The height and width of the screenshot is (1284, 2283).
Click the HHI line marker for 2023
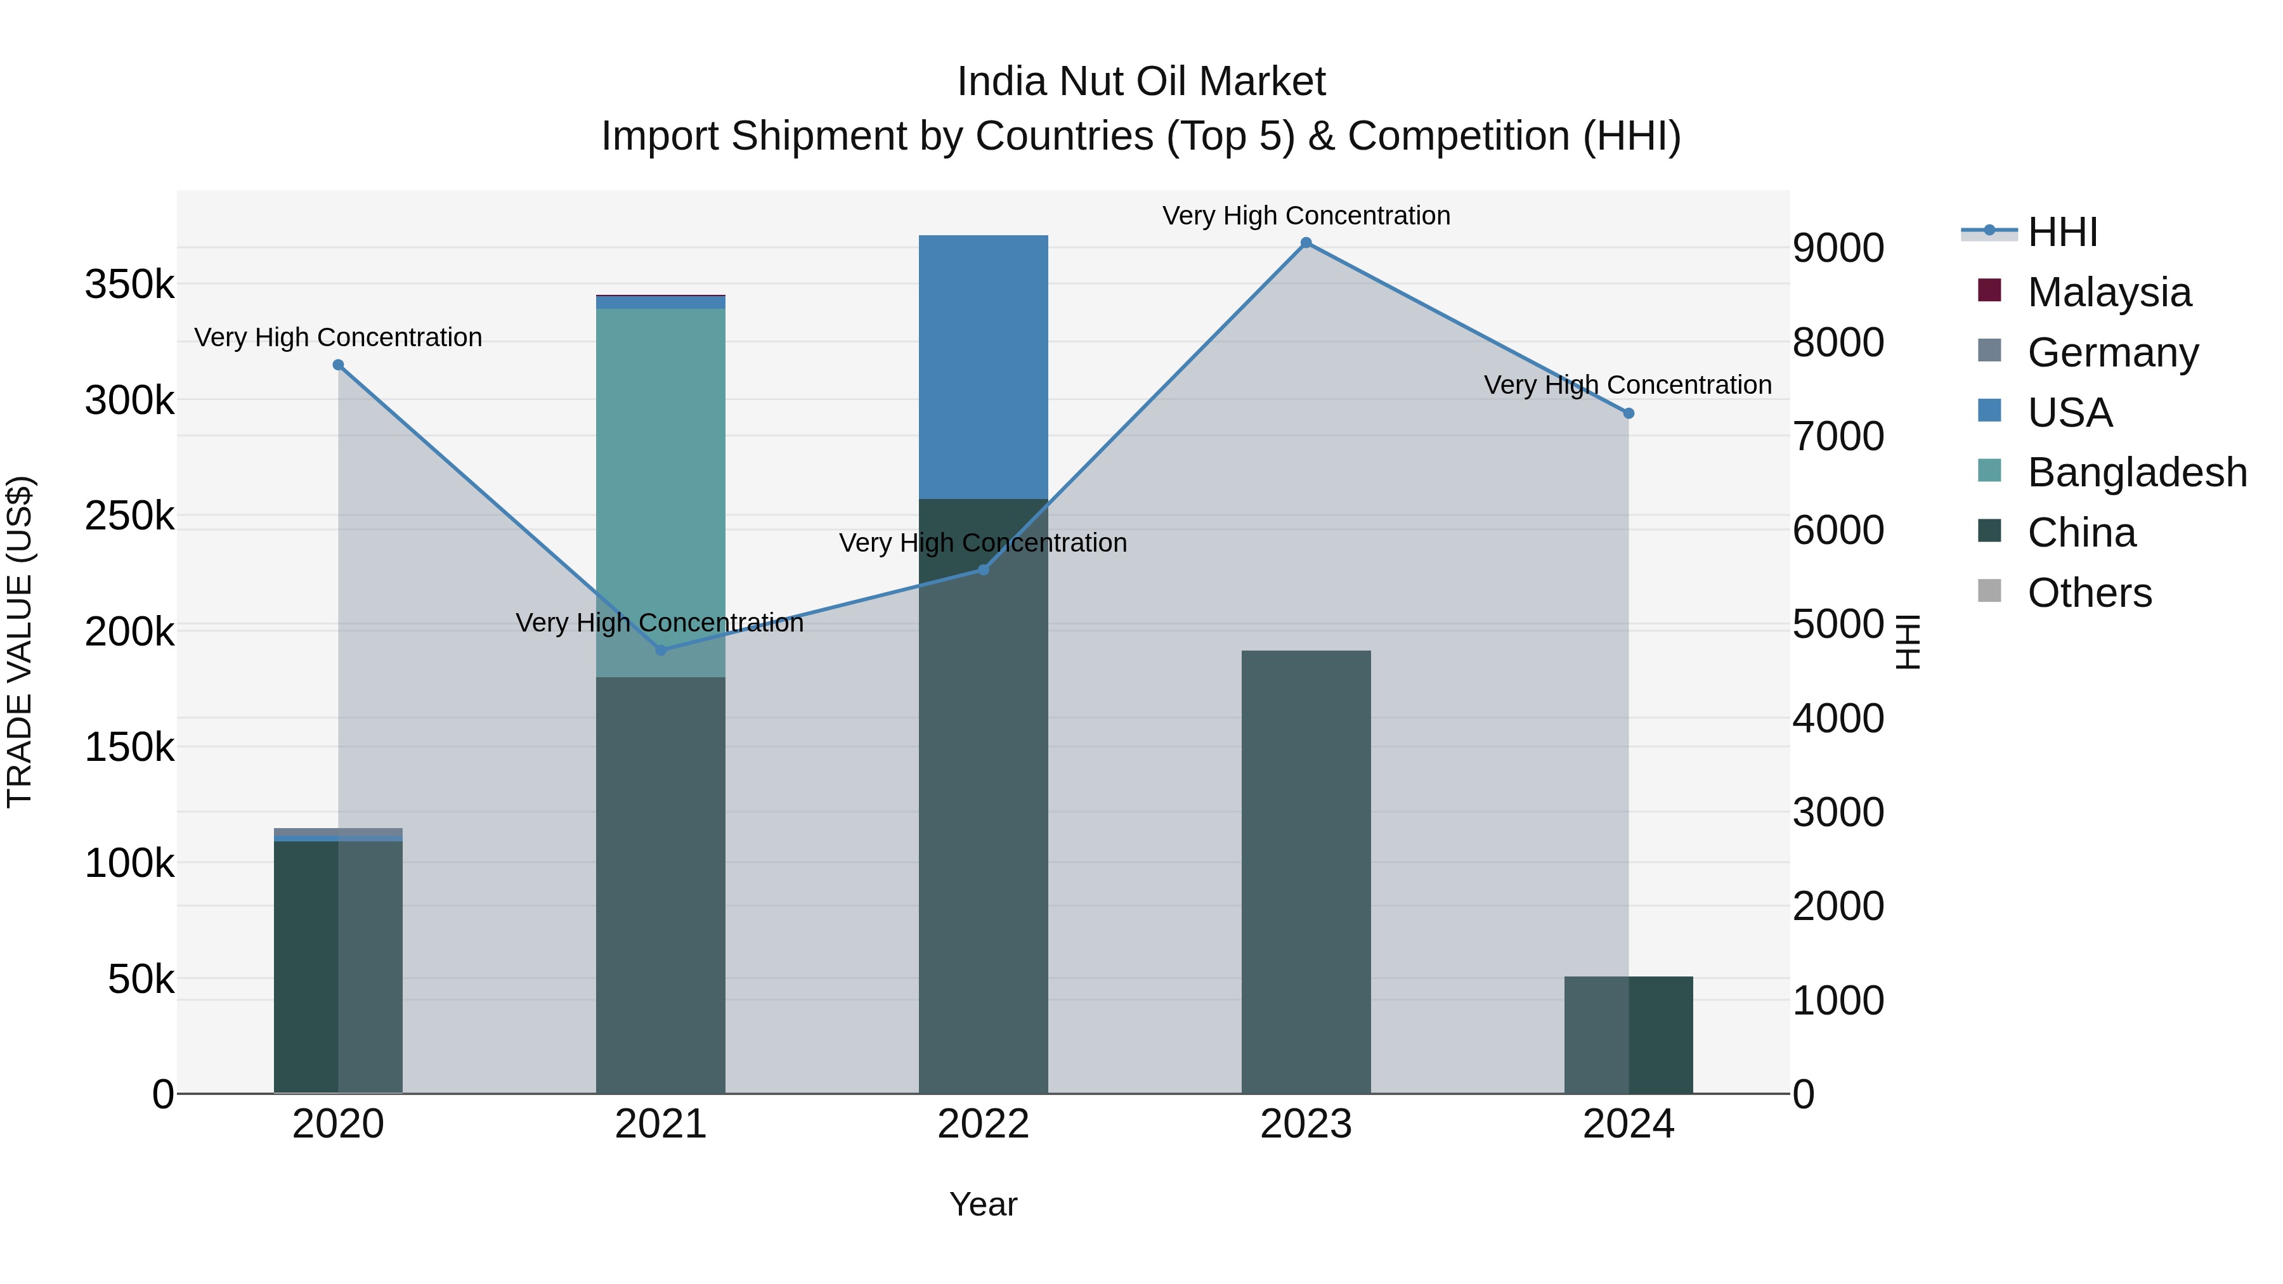point(1306,243)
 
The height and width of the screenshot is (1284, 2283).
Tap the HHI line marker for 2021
point(660,651)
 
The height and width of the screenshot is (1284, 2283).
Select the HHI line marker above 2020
point(337,365)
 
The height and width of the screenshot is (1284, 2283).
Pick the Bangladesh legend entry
point(2136,472)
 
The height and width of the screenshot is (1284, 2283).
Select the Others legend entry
point(2088,593)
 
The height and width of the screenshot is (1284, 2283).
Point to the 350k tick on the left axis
point(129,285)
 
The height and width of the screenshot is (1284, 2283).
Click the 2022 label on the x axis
point(983,1124)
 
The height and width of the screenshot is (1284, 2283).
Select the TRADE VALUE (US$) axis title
point(20,642)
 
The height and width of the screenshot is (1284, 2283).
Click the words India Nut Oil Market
point(1141,82)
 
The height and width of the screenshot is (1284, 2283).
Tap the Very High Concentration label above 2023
point(1306,216)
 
